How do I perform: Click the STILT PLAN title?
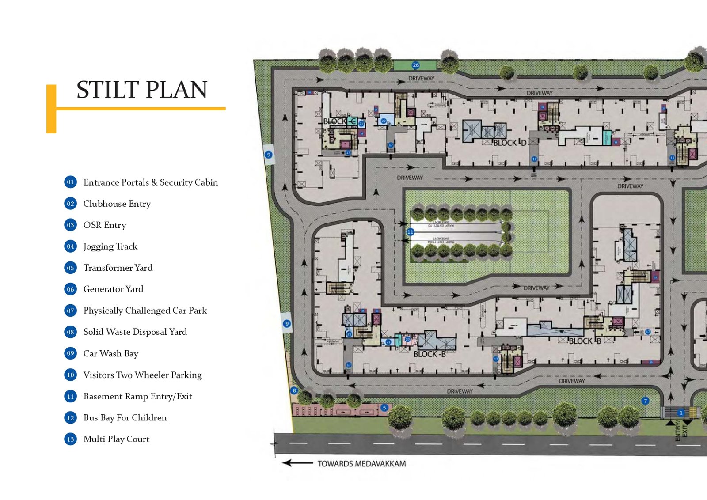tap(142, 90)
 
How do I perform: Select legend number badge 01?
tap(70, 182)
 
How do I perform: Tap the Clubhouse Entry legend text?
tap(117, 204)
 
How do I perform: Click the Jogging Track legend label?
tap(110, 246)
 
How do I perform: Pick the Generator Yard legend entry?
tap(113, 289)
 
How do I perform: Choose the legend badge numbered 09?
tap(70, 353)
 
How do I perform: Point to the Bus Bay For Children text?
tap(125, 418)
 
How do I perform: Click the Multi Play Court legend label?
tap(116, 439)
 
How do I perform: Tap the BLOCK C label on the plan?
tap(339, 121)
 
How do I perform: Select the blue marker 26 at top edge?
tap(415, 65)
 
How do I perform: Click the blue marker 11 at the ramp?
tap(410, 231)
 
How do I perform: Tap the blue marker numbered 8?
tap(294, 390)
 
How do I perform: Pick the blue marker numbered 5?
tap(384, 408)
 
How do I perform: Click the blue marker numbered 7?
tap(645, 401)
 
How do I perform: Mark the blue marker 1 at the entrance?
tap(681, 413)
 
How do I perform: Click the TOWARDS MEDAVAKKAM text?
tap(361, 464)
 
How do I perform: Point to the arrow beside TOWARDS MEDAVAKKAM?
tap(297, 463)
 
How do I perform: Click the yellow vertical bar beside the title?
tap(51, 109)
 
